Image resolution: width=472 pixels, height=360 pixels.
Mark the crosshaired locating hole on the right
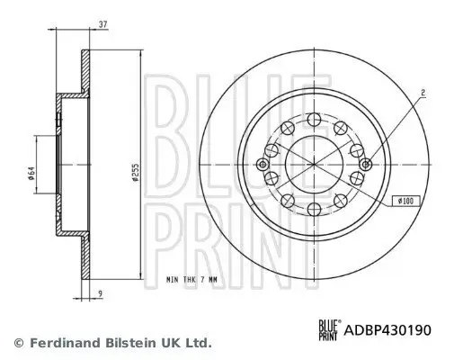coord(365,164)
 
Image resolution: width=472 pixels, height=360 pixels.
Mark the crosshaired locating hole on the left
coord(262,164)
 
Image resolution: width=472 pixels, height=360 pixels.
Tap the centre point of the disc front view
coord(314,164)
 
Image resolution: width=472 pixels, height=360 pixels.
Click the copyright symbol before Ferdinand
coord(18,342)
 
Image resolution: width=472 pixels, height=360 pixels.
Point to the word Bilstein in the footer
coord(122,342)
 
